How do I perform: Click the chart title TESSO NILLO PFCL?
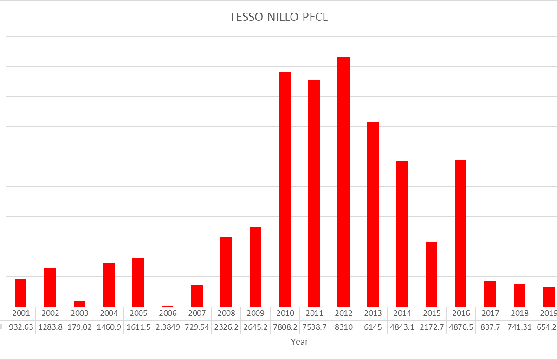(278, 17)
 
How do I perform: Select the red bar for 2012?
(343, 181)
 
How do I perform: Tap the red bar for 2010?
(285, 189)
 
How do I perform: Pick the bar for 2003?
(79, 304)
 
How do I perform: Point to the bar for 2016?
(460, 233)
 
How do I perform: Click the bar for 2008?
(226, 271)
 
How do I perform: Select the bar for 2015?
(431, 274)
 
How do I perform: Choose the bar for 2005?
(138, 282)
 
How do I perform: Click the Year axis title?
(299, 342)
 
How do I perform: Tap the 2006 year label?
(168, 313)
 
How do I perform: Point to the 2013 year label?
(373, 313)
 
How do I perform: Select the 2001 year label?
(21, 313)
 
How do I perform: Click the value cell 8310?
(343, 327)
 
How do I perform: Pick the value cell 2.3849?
(168, 327)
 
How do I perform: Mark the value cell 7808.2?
(285, 327)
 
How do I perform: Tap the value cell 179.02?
(79, 327)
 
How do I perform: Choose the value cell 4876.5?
(460, 327)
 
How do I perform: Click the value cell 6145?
(373, 327)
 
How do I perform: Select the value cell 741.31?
(519, 327)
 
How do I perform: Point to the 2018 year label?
(519, 313)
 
